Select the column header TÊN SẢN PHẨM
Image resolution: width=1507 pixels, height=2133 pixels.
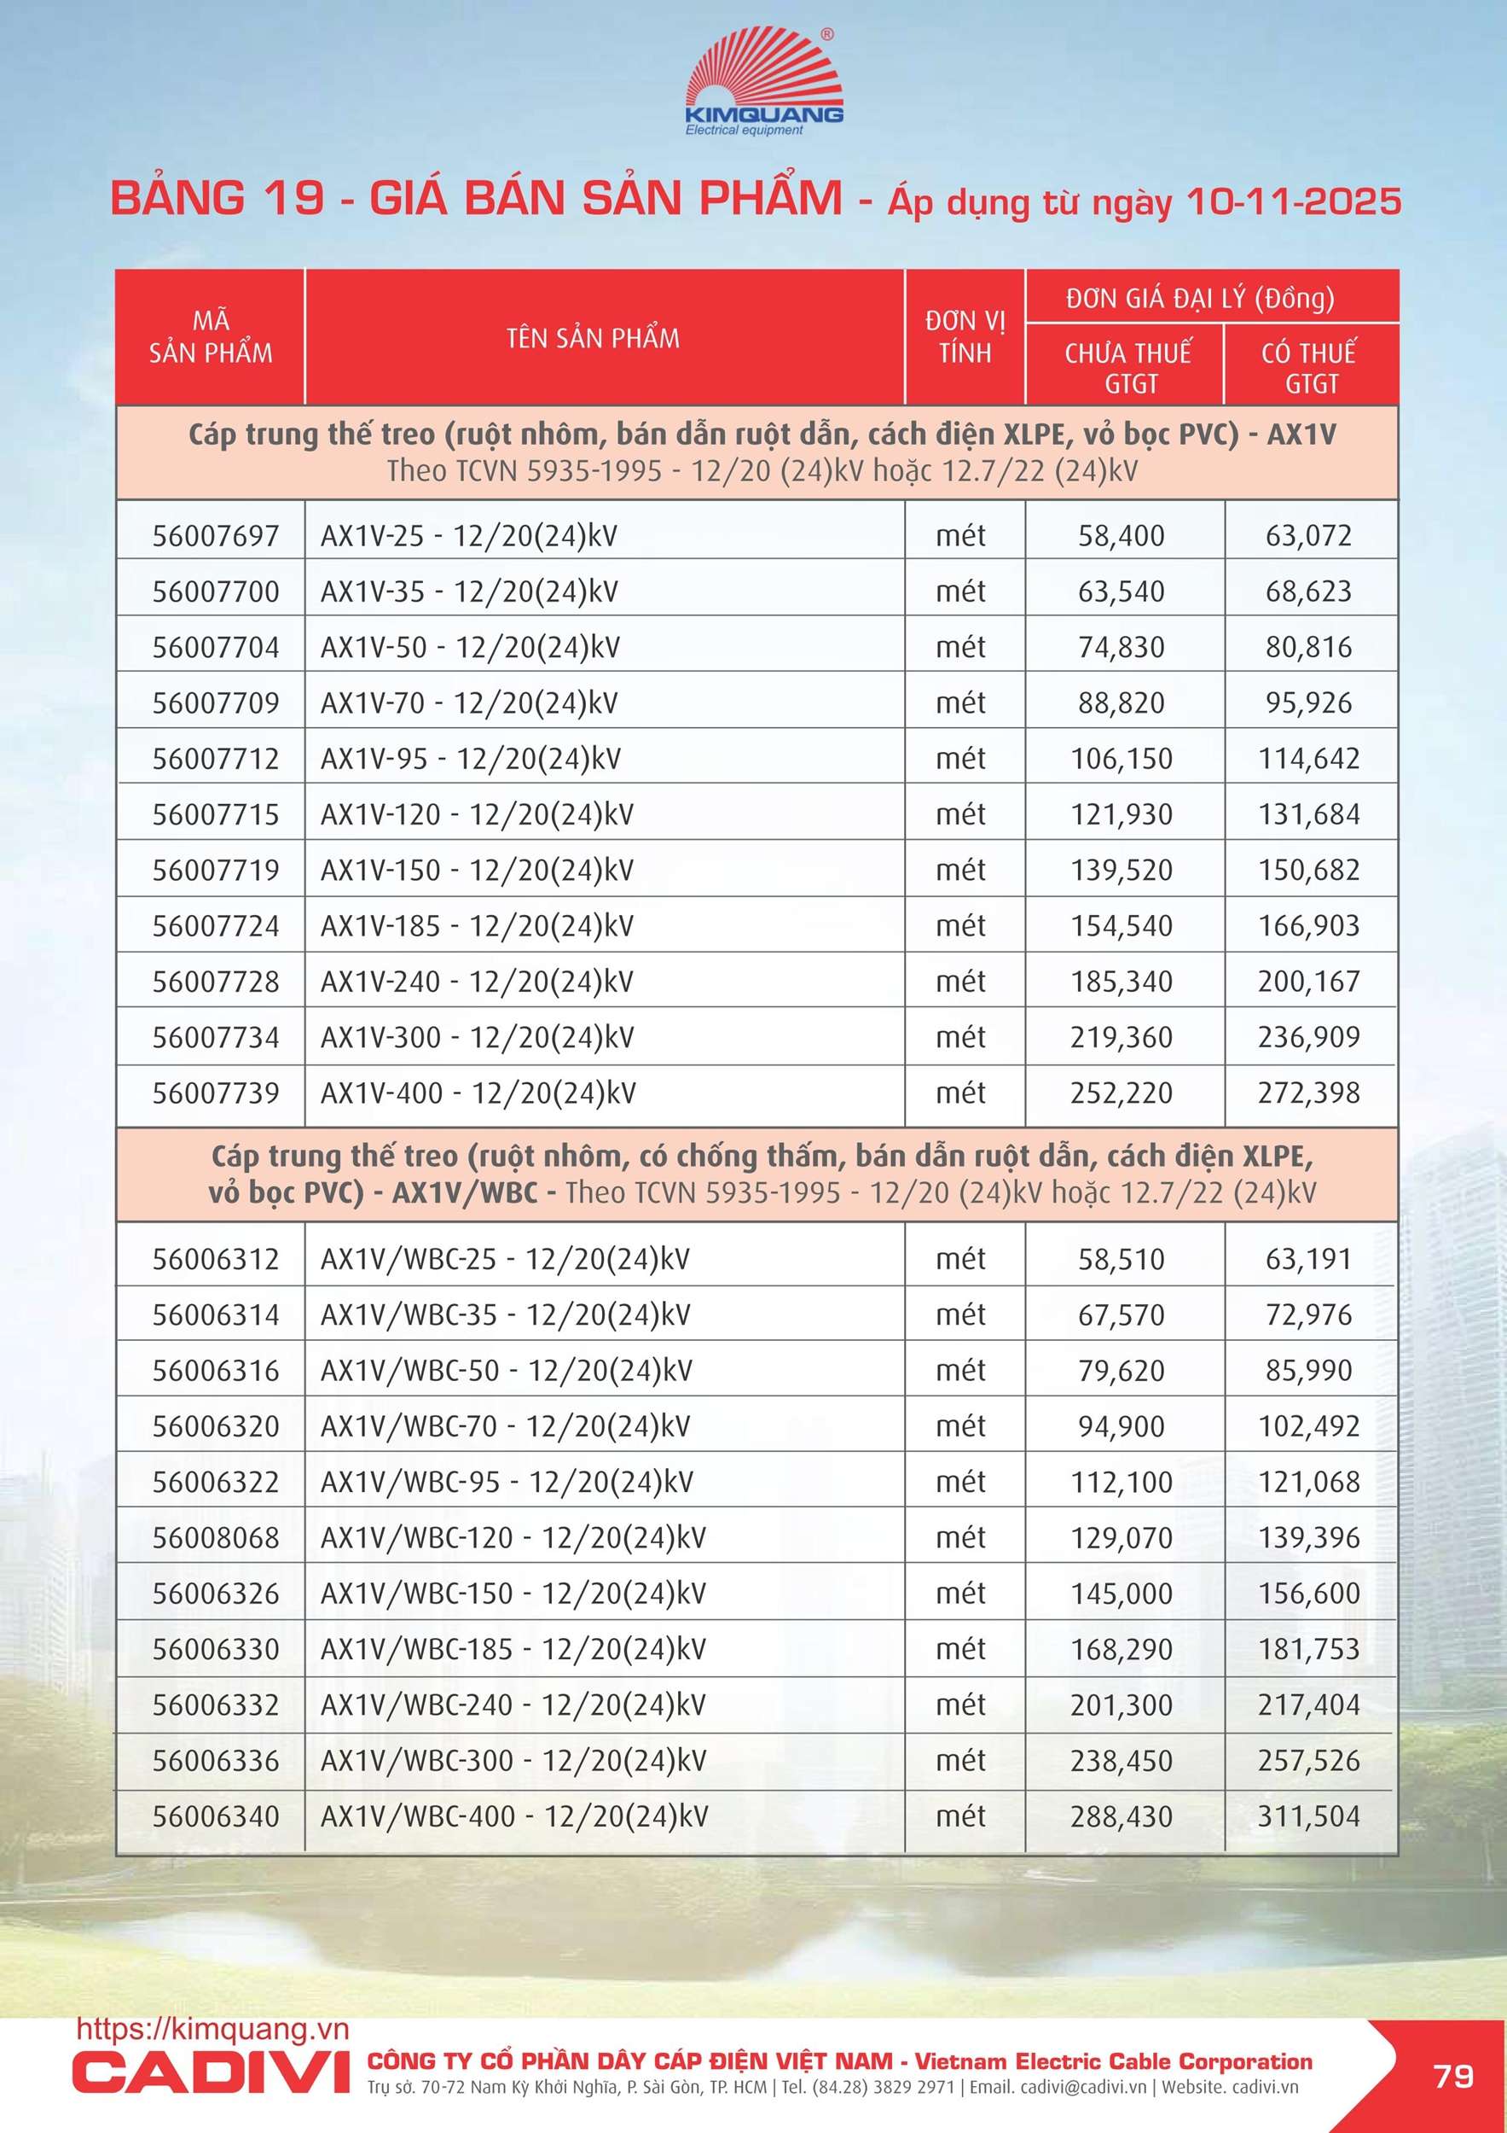tap(594, 338)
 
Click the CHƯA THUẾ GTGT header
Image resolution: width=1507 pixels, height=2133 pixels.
tap(1127, 367)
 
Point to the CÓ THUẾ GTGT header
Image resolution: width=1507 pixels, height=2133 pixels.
tap(1309, 367)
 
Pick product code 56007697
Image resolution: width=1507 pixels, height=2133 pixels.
tap(216, 536)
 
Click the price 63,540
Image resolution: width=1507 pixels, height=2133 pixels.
tap(1121, 592)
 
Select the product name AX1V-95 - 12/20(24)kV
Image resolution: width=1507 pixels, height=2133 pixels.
tap(470, 759)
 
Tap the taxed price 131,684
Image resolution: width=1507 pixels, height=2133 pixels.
tap(1308, 815)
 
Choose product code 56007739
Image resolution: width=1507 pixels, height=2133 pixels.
tap(216, 1093)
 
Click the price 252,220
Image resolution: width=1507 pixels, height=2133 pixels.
tap(1121, 1093)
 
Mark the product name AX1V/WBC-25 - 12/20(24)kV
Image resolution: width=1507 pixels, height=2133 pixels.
tap(505, 1260)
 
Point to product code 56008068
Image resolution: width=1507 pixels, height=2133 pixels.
tap(216, 1538)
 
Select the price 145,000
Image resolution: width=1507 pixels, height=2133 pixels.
tap(1121, 1594)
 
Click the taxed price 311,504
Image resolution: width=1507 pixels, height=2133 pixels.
tap(1308, 1817)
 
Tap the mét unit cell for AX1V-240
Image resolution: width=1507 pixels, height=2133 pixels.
tap(961, 982)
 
